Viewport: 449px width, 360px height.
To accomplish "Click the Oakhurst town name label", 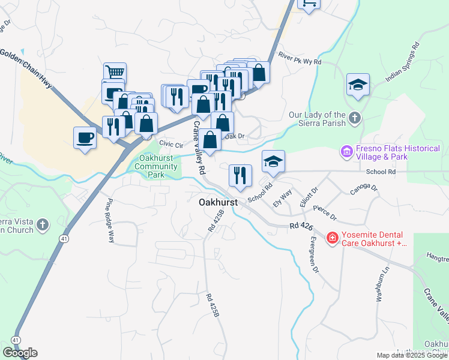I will (218, 203).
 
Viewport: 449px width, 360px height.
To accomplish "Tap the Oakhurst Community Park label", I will (156, 166).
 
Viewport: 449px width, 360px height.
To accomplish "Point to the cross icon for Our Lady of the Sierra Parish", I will (355, 118).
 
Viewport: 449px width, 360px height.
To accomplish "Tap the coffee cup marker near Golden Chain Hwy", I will (85, 137).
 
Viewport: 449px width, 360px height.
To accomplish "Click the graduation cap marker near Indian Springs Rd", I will (358, 85).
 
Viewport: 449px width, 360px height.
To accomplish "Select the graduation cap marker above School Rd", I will (273, 161).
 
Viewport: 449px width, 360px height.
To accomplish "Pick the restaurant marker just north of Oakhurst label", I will (240, 175).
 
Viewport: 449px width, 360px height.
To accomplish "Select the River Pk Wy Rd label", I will (300, 58).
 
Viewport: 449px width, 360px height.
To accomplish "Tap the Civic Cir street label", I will (170, 145).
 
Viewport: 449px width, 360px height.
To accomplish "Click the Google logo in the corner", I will (20, 353).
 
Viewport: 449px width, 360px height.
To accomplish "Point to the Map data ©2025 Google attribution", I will (412, 355).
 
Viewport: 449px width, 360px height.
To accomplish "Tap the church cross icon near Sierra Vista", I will (42, 224).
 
